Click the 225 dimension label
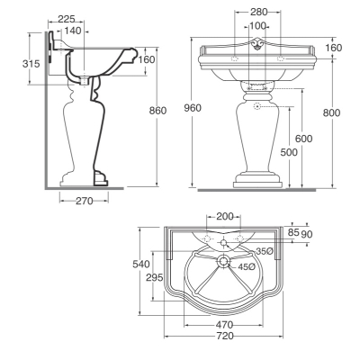pos(67,19)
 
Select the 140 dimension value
pos(73,31)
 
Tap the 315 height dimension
pos(31,64)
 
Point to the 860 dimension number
pos(157,111)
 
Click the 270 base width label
pos(85,201)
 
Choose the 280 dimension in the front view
pos(258,12)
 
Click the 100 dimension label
pos(257,26)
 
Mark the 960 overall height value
pos(193,108)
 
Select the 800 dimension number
pos(331,112)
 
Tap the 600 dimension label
pos(303,139)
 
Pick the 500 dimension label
pos(289,152)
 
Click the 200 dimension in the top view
pos(225,216)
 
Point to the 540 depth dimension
pos(141,264)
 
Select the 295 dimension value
pos(155,277)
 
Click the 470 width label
pos(224,325)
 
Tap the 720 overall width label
pos(225,336)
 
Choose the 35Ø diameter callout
pos(265,251)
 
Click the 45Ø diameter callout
pos(247,266)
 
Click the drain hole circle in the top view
pos(223,261)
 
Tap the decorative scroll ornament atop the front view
pos(257,44)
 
